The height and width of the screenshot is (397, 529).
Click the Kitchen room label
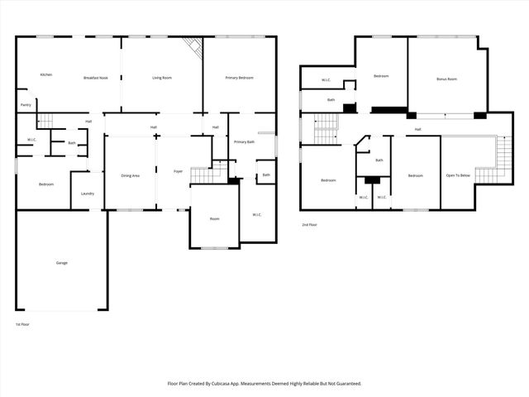(x=46, y=75)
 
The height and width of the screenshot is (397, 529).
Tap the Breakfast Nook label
(x=96, y=78)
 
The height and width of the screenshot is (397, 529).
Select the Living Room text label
(x=161, y=78)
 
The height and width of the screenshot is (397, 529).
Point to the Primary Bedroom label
(x=240, y=78)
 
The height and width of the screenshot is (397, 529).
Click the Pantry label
(x=26, y=105)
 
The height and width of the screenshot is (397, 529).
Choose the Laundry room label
(x=88, y=194)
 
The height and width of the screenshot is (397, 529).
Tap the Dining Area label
(x=131, y=175)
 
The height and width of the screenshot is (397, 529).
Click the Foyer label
(x=178, y=172)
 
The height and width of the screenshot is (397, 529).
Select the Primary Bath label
(x=244, y=142)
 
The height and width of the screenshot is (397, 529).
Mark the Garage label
(x=62, y=263)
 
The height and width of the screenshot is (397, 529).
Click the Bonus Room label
(x=446, y=79)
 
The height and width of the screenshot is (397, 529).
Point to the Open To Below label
(x=459, y=175)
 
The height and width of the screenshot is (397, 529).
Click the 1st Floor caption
(x=23, y=324)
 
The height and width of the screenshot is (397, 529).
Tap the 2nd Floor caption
(x=309, y=224)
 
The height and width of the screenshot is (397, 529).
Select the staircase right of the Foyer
(x=203, y=175)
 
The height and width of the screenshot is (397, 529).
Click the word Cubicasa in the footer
(x=236, y=384)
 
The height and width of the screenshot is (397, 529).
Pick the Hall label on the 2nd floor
(x=418, y=129)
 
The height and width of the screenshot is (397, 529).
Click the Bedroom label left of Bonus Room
(x=381, y=76)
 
